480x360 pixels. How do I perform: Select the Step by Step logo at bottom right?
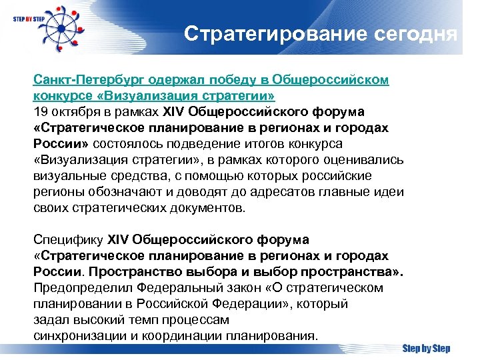click(x=426, y=348)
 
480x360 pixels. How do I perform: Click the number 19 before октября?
click(x=40, y=112)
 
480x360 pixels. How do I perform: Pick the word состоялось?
click(x=125, y=144)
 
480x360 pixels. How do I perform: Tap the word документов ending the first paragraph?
click(x=207, y=208)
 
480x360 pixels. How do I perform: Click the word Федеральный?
click(x=179, y=288)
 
